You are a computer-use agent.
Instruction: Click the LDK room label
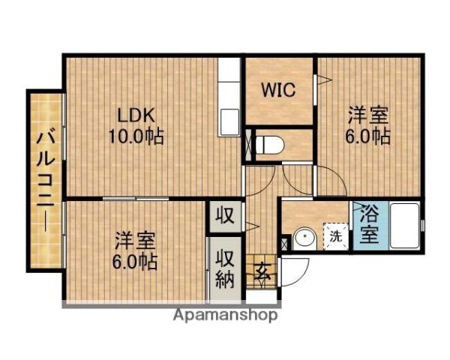[x=136, y=116]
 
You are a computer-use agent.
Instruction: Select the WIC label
[x=278, y=90]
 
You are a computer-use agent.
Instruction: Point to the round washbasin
[x=304, y=238]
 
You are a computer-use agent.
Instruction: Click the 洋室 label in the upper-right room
[x=368, y=116]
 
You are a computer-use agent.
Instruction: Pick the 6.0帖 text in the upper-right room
[x=368, y=137]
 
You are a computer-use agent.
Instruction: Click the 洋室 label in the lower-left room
[x=135, y=241]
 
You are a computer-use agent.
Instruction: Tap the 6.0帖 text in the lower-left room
[x=136, y=262]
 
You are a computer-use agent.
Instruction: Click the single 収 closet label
[x=224, y=217]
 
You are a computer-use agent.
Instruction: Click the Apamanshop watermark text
[x=225, y=315]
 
